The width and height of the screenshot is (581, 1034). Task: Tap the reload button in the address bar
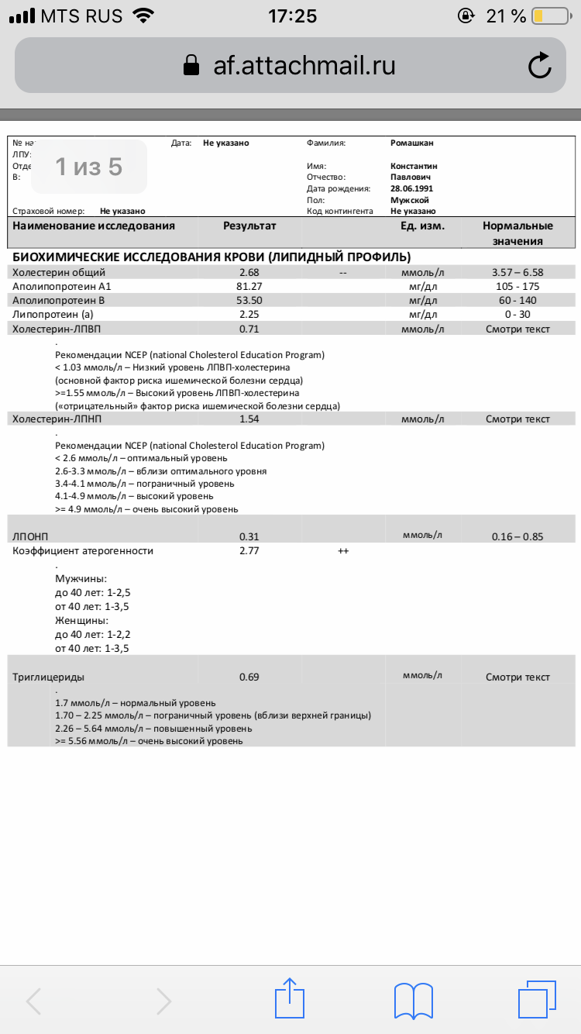coord(539,66)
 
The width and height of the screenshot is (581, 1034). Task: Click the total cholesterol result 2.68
coord(249,272)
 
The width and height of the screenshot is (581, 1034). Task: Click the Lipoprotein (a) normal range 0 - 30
coord(517,314)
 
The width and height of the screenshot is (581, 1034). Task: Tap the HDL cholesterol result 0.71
coord(249,329)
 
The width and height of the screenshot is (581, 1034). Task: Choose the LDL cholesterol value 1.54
coord(249,419)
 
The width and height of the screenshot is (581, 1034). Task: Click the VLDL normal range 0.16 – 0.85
coord(517,536)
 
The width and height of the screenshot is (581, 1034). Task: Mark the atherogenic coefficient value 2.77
coord(249,551)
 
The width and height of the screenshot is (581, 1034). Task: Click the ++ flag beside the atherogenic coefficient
coord(343,551)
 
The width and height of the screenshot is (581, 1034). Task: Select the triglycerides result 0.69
coord(249,677)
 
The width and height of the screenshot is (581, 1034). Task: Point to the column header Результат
coord(249,226)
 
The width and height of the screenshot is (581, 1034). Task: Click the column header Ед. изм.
coord(422,226)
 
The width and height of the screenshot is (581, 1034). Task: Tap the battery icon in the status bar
coord(549,16)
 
